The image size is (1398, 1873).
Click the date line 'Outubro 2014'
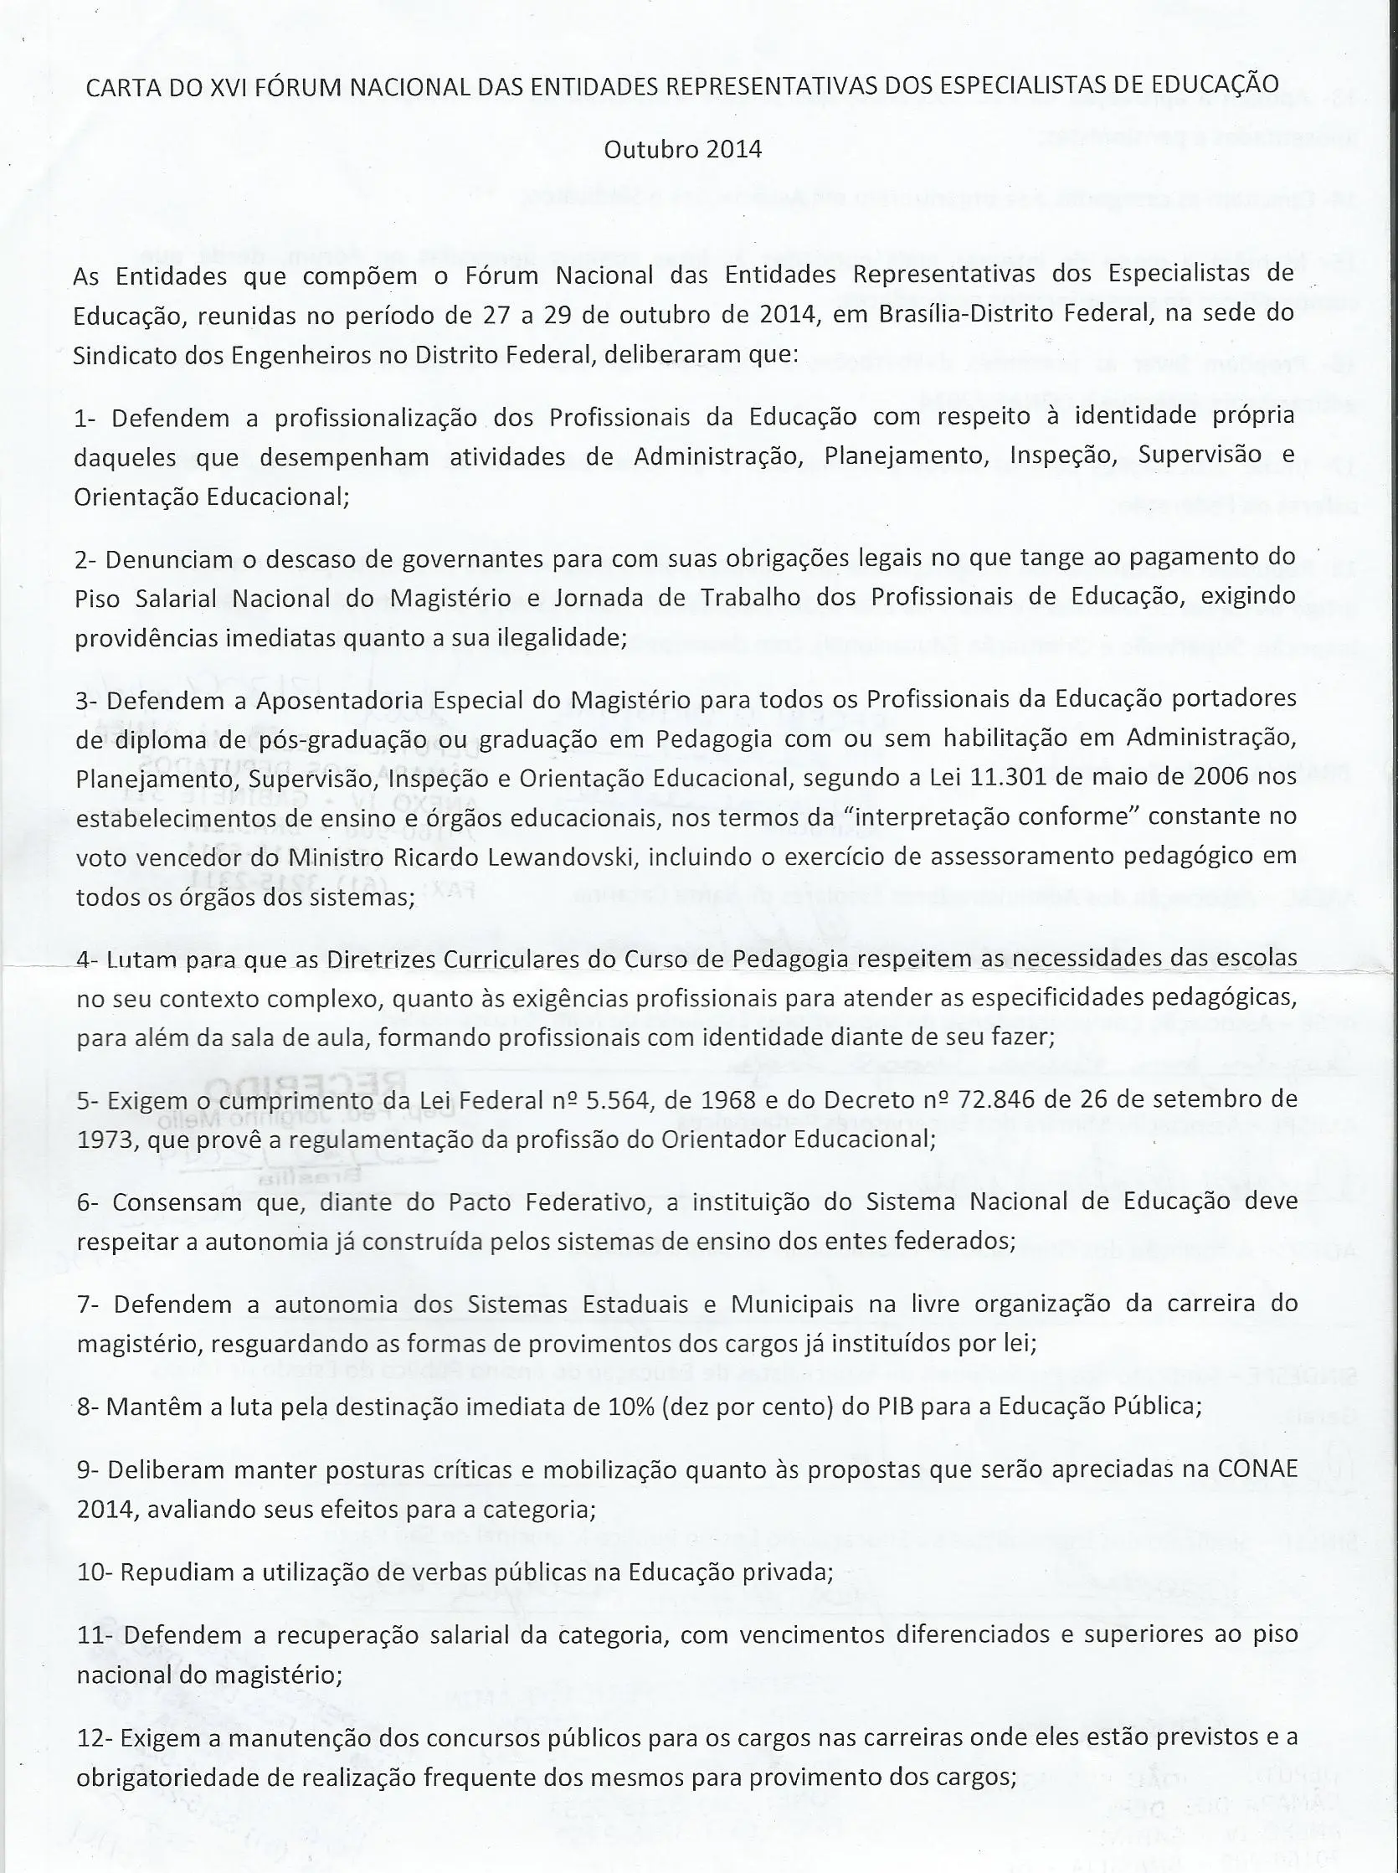click(x=682, y=150)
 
